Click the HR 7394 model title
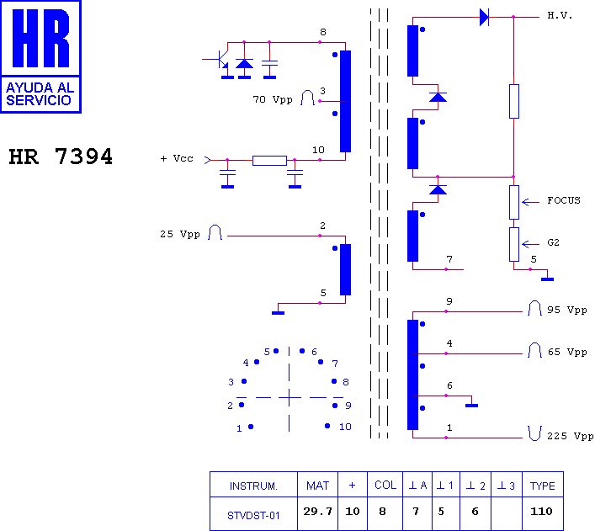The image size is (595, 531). [61, 157]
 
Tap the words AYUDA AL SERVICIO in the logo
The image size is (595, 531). [40, 93]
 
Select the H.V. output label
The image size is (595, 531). [560, 15]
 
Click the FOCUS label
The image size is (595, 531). [564, 200]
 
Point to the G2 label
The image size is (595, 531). [553, 242]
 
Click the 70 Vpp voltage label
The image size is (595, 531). [273, 100]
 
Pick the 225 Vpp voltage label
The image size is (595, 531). [570, 436]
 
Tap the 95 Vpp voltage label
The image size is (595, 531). [567, 310]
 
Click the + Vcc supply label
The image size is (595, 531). [177, 158]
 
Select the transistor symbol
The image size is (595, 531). [221, 60]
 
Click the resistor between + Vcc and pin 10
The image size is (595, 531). [269, 161]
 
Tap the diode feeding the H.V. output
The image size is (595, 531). [484, 17]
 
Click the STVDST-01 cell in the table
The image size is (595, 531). [253, 516]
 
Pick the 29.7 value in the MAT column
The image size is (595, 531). [317, 512]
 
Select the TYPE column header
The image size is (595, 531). [543, 486]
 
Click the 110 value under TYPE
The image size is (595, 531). [541, 512]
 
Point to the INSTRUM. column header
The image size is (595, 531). [253, 486]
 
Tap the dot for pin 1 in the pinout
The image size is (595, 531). [251, 427]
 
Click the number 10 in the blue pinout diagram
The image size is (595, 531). [345, 427]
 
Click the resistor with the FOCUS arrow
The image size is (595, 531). [514, 202]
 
